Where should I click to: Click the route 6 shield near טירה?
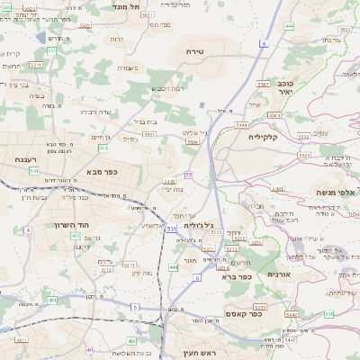click(264, 43)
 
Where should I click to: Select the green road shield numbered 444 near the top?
click(289, 26)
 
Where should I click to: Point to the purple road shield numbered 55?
click(189, 175)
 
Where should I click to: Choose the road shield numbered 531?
click(170, 229)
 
